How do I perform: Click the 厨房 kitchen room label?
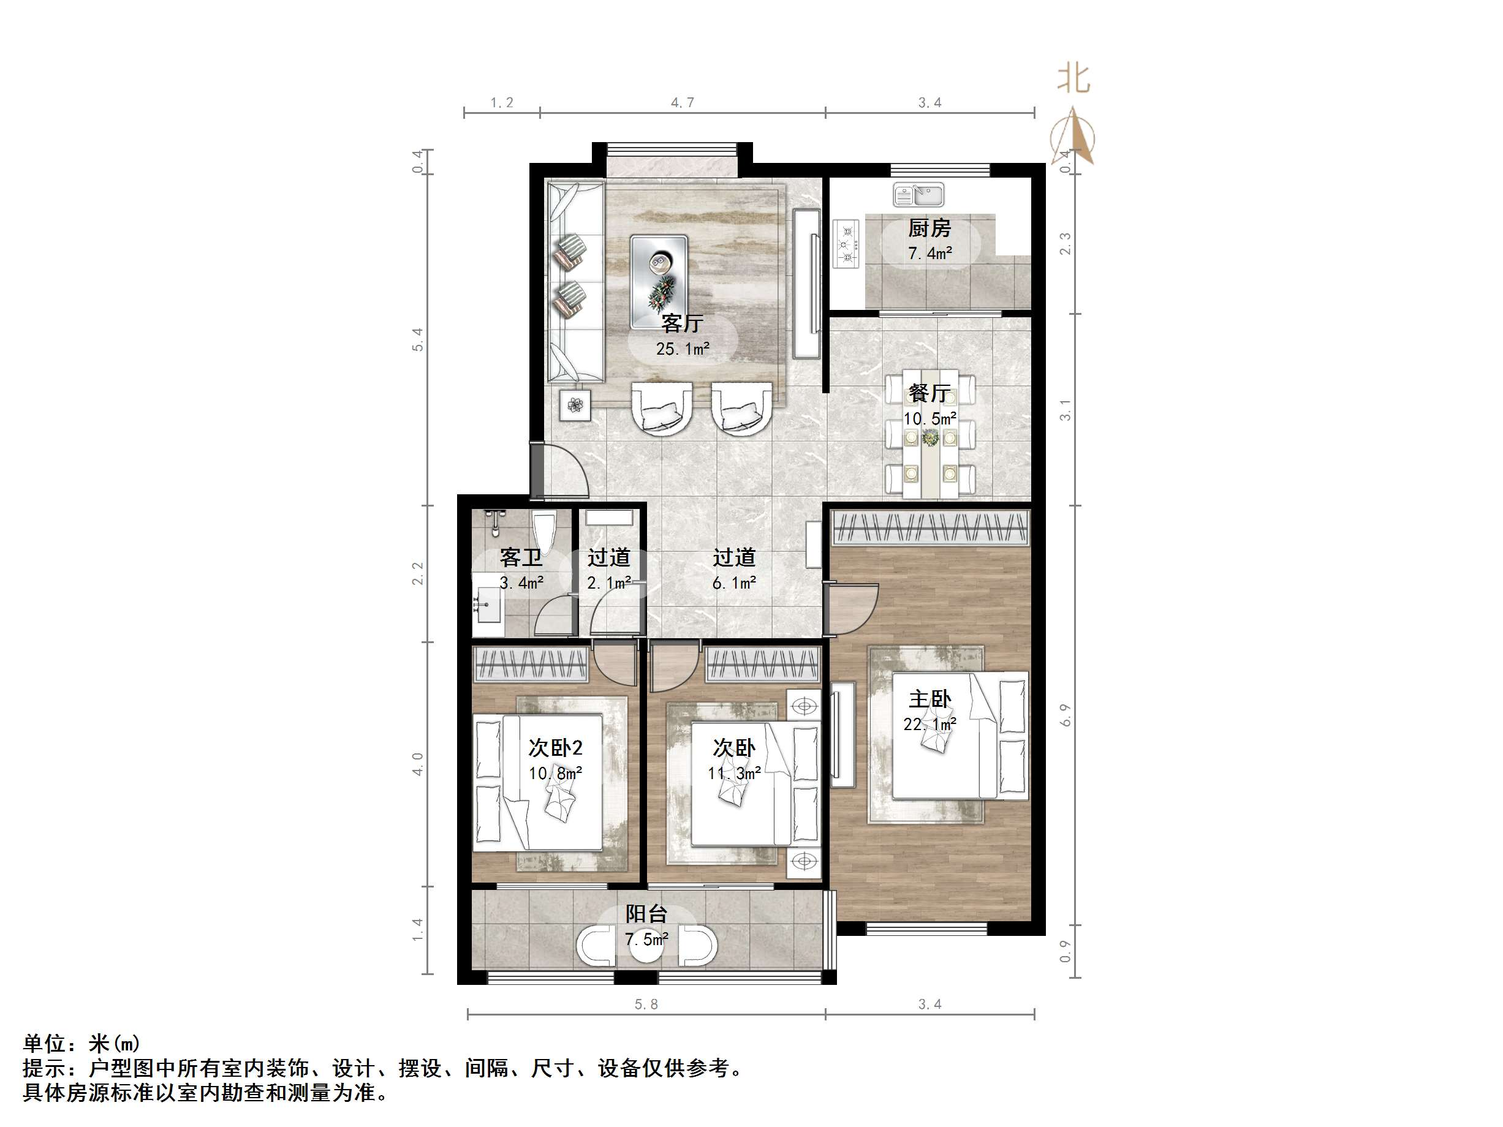coord(929,228)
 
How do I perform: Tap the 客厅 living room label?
coord(681,323)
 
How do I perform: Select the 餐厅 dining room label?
coord(929,393)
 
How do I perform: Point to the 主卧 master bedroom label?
coord(929,699)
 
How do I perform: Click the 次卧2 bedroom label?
coord(555,748)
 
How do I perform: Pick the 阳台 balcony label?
coord(646,914)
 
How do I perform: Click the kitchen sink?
coord(918,195)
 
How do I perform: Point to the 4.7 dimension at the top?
coord(682,102)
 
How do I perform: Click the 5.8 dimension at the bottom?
coord(646,1004)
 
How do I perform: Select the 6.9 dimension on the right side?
coord(1066,715)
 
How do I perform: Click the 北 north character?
coord(1073,79)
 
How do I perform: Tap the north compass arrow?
coord(1073,136)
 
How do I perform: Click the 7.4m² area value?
coord(929,254)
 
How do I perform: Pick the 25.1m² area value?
coord(682,349)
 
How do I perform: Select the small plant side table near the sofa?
coord(575,405)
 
